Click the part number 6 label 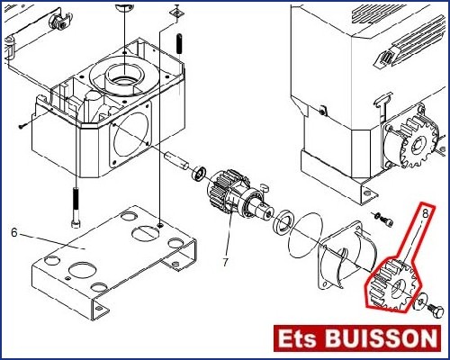pyautogui.click(x=14, y=233)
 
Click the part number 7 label pyautogui.click(x=226, y=262)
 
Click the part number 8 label pyautogui.click(x=425, y=213)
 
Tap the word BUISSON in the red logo pyautogui.click(x=381, y=338)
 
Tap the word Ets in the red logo pyautogui.click(x=297, y=338)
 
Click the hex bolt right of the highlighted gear pyautogui.click(x=436, y=310)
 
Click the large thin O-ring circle pyautogui.click(x=305, y=234)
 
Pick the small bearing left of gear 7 pyautogui.click(x=199, y=173)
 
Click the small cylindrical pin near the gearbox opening pyautogui.click(x=175, y=160)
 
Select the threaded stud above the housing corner pyautogui.click(x=179, y=44)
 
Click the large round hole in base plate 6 pyautogui.click(x=80, y=270)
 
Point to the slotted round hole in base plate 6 pyautogui.click(x=145, y=232)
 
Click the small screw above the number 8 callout pyautogui.click(x=385, y=220)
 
